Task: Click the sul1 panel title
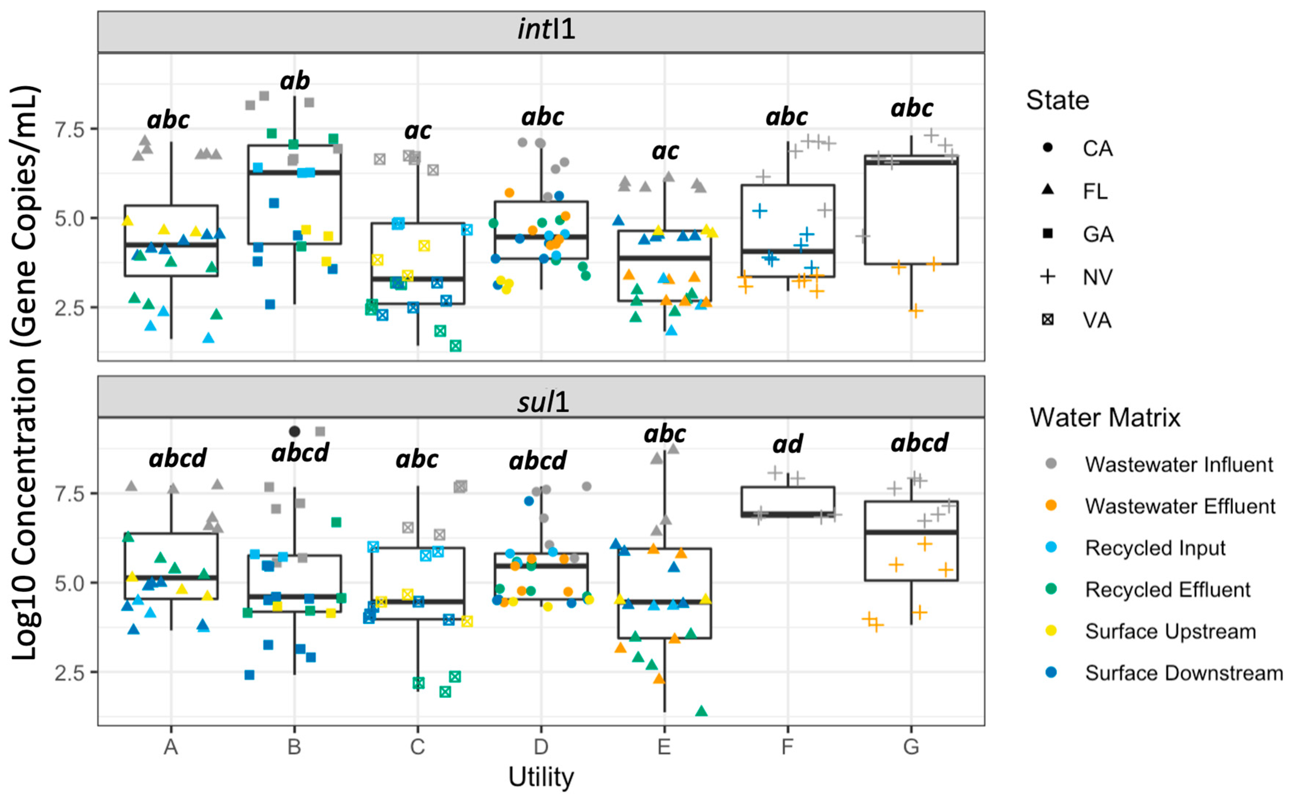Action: pyautogui.click(x=543, y=402)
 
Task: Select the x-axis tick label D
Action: pyautogui.click(x=541, y=747)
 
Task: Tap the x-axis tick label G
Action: pyautogui.click(x=911, y=747)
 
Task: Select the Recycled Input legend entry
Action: pyautogui.click(x=1155, y=548)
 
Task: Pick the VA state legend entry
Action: pyautogui.click(x=1097, y=320)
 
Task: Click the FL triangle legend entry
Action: pyautogui.click(x=1095, y=191)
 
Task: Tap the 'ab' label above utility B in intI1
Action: pyautogui.click(x=294, y=81)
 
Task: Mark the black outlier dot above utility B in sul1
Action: pyautogui.click(x=294, y=431)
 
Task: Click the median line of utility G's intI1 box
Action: pyautogui.click(x=911, y=162)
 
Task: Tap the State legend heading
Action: pyautogui.click(x=1057, y=100)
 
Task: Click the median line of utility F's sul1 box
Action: pyautogui.click(x=788, y=514)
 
